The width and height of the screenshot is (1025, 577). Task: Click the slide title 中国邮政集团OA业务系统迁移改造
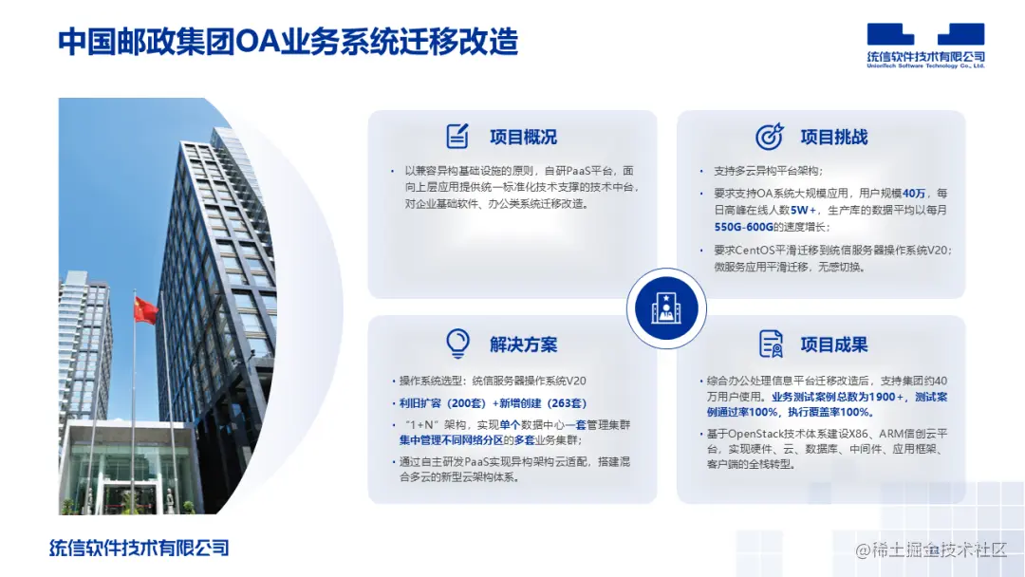coord(288,43)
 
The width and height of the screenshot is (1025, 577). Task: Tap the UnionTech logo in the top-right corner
coord(925,46)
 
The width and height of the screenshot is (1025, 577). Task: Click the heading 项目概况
coord(523,138)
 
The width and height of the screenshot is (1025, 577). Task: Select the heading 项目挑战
coord(833,138)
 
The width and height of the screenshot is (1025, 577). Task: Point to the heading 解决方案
coord(523,344)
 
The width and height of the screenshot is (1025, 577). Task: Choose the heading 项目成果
coord(833,344)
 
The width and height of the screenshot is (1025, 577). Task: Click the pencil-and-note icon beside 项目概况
coord(457,137)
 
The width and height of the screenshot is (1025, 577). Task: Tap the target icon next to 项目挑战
coord(769,137)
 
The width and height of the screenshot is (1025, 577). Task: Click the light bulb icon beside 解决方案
coord(457,343)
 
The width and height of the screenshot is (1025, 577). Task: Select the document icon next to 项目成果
coord(770,344)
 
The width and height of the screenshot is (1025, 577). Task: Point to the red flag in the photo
coord(145,309)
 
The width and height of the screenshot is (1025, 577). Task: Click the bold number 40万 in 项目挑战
coord(914,192)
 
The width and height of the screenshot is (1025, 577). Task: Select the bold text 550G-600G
coord(744,228)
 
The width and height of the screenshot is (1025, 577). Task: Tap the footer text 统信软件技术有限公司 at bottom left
coord(140,548)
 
